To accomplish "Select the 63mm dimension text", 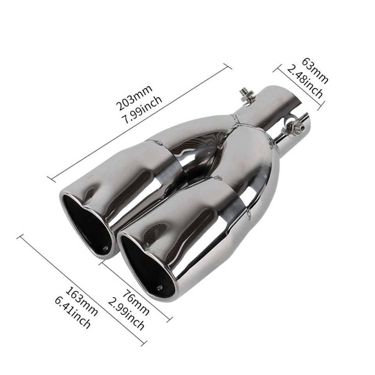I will (x=314, y=71).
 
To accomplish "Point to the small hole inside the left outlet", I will (x=105, y=248).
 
